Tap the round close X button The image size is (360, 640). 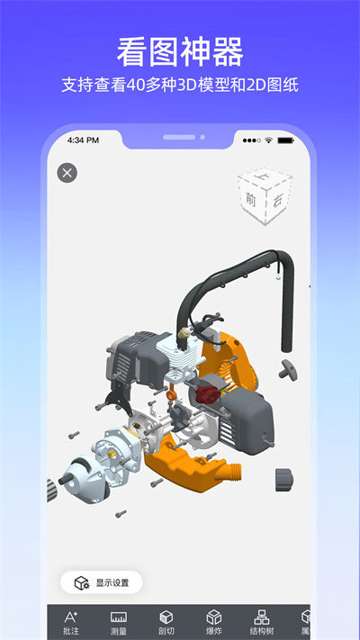67,173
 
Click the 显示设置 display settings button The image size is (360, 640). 102,582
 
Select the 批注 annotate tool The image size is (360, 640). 71,623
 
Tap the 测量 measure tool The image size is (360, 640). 119,623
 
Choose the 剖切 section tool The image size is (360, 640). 166,623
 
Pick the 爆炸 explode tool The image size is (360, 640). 214,623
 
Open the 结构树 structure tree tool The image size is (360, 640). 261,623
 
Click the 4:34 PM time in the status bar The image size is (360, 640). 84,140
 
